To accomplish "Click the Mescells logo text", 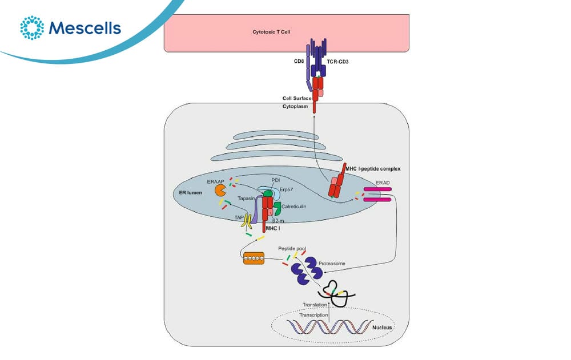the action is pos(85,28).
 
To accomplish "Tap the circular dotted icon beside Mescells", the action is pos(32,27).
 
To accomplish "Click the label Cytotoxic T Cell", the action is pos(271,32).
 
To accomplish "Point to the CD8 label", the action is pos(299,62).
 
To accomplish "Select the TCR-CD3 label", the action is pos(337,62).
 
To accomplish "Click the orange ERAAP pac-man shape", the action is pos(220,190).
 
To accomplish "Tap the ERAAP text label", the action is pos(216,181).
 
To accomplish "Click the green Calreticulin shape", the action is pos(277,208).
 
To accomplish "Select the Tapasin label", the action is pos(246,199).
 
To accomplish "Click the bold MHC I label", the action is pos(273,229).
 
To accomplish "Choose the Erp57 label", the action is pos(286,189).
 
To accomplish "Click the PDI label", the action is pos(276,180).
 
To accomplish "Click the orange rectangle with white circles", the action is pos(254,258).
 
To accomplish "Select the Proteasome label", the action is pos(332,264).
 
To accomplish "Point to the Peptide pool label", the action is pos(292,249).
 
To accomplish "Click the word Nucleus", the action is pos(382,327).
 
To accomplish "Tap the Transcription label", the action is pos(313,315).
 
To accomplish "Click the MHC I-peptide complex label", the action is pos(373,169).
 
